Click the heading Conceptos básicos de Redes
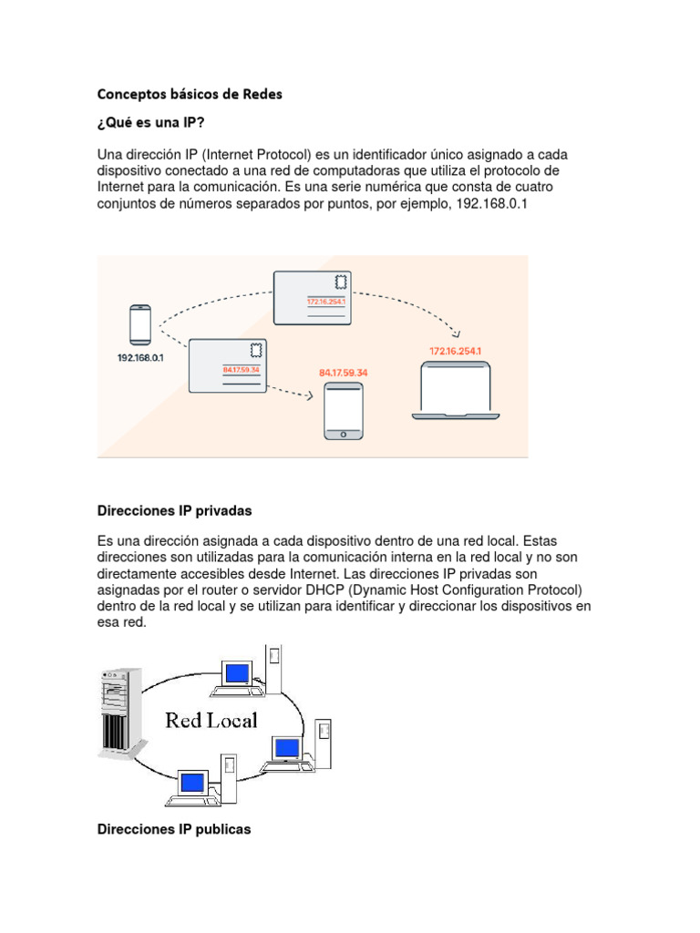(x=190, y=94)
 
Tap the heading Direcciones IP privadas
(x=173, y=510)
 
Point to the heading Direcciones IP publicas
(x=173, y=829)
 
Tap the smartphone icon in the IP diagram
(x=139, y=324)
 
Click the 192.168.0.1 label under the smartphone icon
(x=139, y=358)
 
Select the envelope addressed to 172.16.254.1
(x=312, y=297)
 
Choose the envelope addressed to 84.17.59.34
(x=228, y=364)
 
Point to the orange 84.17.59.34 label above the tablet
(x=344, y=373)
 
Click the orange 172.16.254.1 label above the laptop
(x=456, y=351)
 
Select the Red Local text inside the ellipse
(x=211, y=721)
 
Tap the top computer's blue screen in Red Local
(x=238, y=673)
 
